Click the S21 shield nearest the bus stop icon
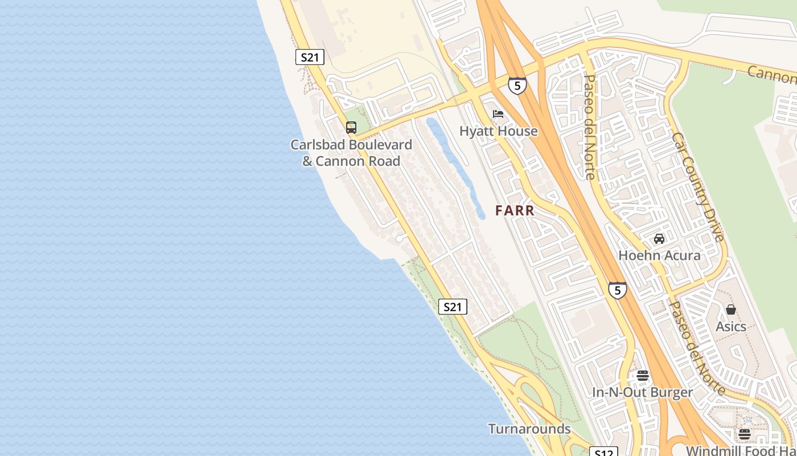pos(310,57)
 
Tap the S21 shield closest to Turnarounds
pos(453,307)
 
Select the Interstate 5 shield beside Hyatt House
pos(517,85)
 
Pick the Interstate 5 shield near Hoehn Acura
pos(618,290)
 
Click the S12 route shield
pos(603,453)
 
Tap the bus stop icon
pos(351,128)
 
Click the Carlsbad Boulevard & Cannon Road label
pos(351,153)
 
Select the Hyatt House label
pos(499,131)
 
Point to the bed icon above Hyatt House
pos(498,114)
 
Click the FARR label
pos(515,210)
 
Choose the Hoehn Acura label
pos(659,255)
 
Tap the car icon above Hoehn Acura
pos(659,238)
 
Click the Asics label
pos(731,327)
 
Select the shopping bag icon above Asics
pos(731,310)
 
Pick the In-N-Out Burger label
pos(643,392)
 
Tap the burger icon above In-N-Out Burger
pos(643,376)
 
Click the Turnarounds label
pos(529,429)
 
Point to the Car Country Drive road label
pos(697,187)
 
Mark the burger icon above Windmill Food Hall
pos(744,434)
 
